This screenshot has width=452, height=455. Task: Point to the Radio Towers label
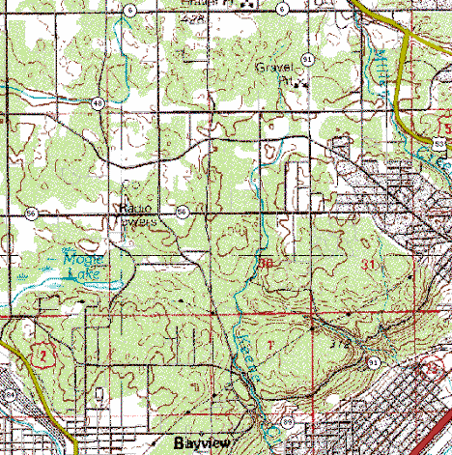pyautogui.click(x=137, y=213)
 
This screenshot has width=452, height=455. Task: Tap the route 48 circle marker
pyautogui.click(x=99, y=102)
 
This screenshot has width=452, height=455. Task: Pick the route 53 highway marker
pyautogui.click(x=440, y=144)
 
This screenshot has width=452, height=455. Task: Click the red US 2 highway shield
pyautogui.click(x=41, y=355)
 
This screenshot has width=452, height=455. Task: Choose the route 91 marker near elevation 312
pyautogui.click(x=372, y=361)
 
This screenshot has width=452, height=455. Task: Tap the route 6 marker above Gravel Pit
pyautogui.click(x=282, y=9)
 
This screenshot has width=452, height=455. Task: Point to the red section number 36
pyautogui.click(x=265, y=263)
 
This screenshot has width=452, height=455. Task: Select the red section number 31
pyautogui.click(x=367, y=264)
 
